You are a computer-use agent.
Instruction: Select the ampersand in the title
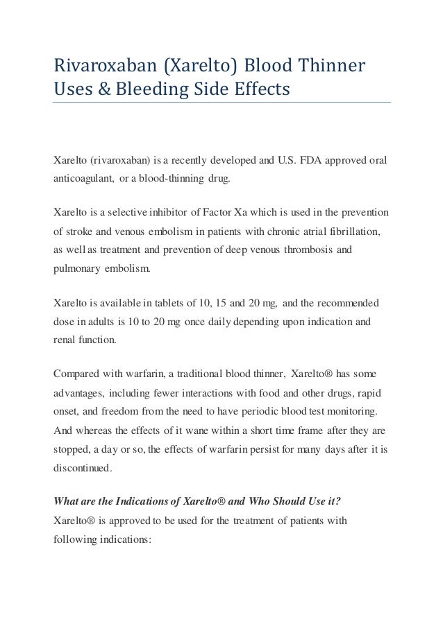(97, 91)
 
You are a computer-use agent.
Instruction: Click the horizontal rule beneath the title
(222, 103)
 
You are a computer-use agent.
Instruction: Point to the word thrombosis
(312, 247)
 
